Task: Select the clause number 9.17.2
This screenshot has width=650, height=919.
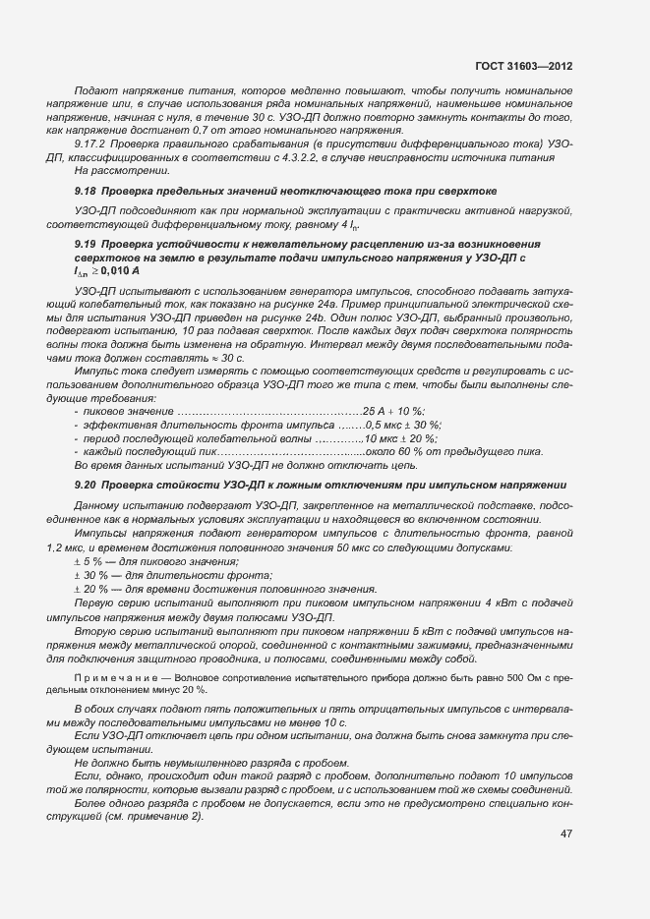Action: coord(93,144)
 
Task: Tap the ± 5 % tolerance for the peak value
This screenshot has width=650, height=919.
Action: coord(91,561)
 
